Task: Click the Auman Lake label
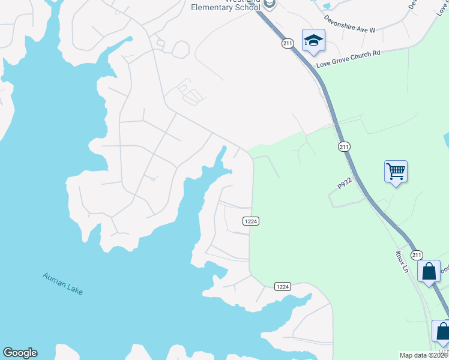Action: (x=62, y=284)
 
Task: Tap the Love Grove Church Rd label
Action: (x=348, y=62)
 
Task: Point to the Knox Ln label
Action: (x=401, y=262)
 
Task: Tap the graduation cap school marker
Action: (x=313, y=41)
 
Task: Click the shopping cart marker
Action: (x=396, y=172)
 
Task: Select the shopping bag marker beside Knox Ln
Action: (x=430, y=271)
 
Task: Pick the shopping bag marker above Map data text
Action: (x=442, y=331)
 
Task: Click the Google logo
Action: (x=20, y=353)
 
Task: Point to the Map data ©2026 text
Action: (x=424, y=355)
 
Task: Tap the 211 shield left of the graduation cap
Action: (x=287, y=43)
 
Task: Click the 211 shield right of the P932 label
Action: (x=344, y=147)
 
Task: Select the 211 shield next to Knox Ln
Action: (x=417, y=255)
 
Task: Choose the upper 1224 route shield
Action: (x=251, y=221)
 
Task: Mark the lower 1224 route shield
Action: (x=283, y=286)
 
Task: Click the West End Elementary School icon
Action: (x=270, y=4)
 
